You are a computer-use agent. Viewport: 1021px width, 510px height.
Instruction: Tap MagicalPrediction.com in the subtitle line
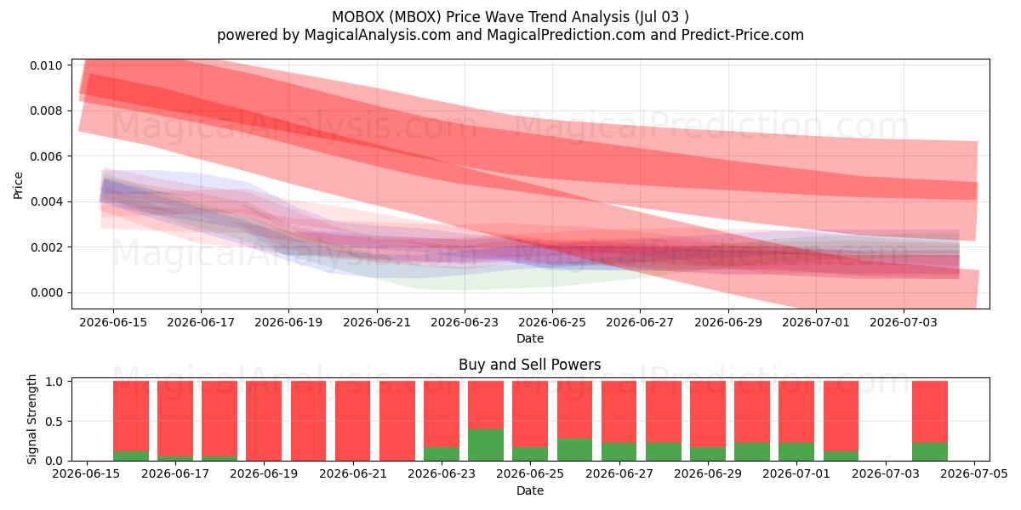tap(566, 35)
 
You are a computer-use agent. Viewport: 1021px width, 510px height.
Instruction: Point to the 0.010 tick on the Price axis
tap(46, 65)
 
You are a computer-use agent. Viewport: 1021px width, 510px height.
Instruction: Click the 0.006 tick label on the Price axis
tap(46, 156)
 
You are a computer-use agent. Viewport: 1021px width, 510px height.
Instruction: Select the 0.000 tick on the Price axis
tap(46, 292)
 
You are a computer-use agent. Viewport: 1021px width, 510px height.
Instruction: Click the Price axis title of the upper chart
tap(18, 185)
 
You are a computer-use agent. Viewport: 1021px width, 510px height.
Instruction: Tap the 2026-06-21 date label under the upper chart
tap(377, 322)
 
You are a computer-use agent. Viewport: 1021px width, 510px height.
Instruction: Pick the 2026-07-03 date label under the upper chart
tap(904, 322)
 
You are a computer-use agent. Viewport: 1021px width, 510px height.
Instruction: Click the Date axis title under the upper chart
tap(529, 338)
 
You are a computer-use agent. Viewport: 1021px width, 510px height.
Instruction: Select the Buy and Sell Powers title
tap(529, 365)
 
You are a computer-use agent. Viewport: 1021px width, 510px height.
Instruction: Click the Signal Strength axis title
tap(31, 419)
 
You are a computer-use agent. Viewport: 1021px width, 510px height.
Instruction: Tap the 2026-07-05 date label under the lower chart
tap(974, 473)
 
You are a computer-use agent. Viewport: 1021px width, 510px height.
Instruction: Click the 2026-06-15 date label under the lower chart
tap(87, 473)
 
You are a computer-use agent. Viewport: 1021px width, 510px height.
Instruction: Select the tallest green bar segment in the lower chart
tap(486, 445)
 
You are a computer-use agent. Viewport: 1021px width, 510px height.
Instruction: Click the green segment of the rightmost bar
tap(930, 451)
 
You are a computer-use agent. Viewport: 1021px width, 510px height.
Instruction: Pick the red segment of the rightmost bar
tap(930, 411)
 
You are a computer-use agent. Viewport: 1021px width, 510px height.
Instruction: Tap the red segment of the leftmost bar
tap(131, 416)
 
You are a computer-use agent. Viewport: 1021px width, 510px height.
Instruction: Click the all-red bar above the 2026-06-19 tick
tap(264, 421)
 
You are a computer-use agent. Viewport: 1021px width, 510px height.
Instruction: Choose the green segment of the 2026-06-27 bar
tap(619, 451)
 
